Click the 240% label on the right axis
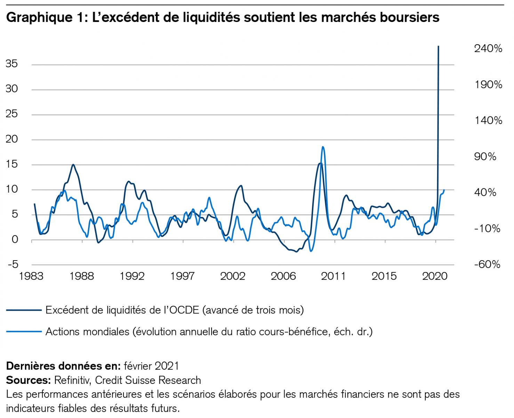pyautogui.click(x=488, y=48)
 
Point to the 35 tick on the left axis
pyautogui.click(x=11, y=64)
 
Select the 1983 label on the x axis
pyautogui.click(x=31, y=276)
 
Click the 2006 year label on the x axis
pyautogui.click(x=283, y=276)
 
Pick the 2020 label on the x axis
pyautogui.click(x=434, y=276)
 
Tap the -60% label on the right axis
pyautogui.click(x=487, y=264)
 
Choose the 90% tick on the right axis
pyautogui.click(x=485, y=156)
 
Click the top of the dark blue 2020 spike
pyautogui.click(x=438, y=46)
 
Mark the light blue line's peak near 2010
pyautogui.click(x=323, y=147)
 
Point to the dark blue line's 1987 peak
pyautogui.click(x=73, y=164)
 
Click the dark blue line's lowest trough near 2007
pyautogui.click(x=296, y=251)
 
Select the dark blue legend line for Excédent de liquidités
pyautogui.click(x=24, y=310)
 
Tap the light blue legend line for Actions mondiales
pyautogui.click(x=24, y=331)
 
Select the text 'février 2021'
pyautogui.click(x=151, y=366)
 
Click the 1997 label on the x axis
pyautogui.click(x=182, y=276)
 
